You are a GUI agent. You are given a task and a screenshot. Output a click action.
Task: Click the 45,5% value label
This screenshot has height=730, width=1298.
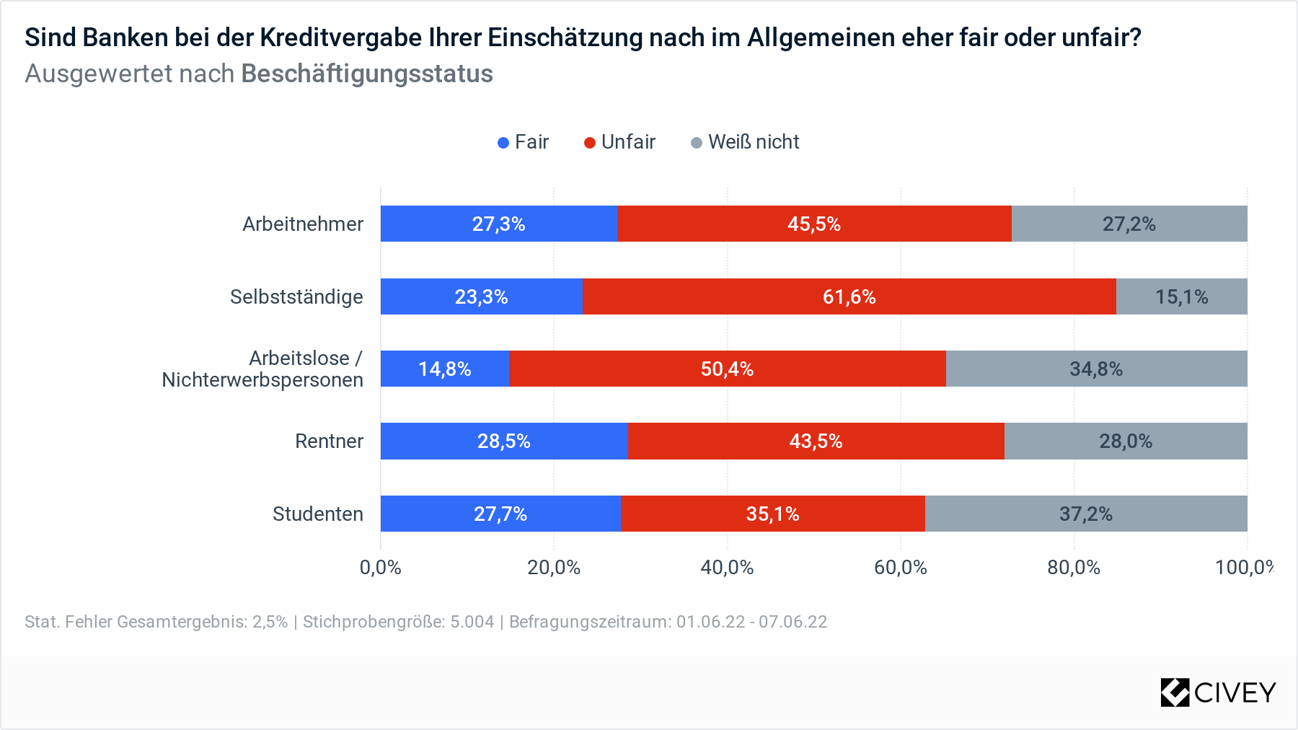[x=813, y=224]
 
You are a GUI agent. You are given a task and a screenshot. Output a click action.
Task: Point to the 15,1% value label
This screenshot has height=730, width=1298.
[x=1181, y=296]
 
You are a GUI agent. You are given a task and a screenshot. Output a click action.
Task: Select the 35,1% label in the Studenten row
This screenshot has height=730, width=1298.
[x=772, y=514]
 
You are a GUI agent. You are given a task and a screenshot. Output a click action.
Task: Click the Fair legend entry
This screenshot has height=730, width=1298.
[x=524, y=142]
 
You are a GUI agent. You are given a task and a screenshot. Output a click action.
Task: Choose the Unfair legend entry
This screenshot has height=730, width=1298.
[x=620, y=142]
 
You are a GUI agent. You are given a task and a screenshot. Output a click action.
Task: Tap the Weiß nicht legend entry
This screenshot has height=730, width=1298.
[x=746, y=142]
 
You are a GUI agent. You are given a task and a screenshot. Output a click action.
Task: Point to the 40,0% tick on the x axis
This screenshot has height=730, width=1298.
[x=727, y=568]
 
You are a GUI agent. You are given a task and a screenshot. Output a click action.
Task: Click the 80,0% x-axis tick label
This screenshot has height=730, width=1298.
[x=1074, y=568]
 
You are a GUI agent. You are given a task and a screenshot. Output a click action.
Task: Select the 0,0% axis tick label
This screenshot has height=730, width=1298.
[x=380, y=568]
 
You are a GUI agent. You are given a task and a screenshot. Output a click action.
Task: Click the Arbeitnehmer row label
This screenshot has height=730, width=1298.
[x=303, y=224]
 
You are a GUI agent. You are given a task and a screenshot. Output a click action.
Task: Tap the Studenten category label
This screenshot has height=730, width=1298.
[x=317, y=514]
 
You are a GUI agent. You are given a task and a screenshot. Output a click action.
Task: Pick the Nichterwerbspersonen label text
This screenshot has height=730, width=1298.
[x=262, y=380]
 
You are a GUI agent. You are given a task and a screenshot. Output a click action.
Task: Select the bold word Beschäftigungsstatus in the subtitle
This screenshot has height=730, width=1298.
[x=367, y=74]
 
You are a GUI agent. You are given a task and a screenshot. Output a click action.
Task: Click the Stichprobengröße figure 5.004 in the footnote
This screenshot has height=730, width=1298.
[x=472, y=622]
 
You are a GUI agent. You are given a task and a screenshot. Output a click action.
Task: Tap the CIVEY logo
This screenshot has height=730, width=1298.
[x=1218, y=692]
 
